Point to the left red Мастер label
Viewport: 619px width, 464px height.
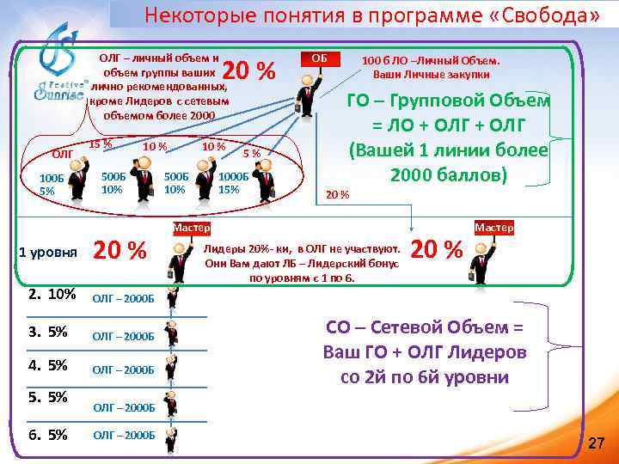(x=191, y=228)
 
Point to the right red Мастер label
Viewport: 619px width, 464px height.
(x=493, y=228)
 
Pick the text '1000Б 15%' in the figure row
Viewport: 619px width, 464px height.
(x=234, y=182)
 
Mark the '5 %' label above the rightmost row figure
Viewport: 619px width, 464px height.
(x=252, y=154)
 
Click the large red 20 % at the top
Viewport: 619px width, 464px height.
(x=248, y=72)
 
